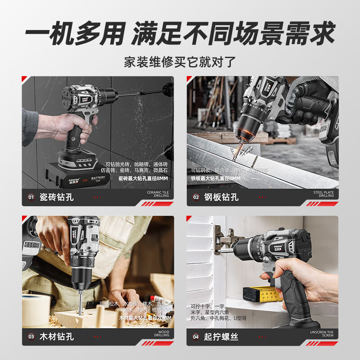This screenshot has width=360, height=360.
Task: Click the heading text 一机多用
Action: [73, 34]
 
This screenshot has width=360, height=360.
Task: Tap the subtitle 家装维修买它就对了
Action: [180, 61]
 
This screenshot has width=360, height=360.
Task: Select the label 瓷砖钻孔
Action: [57, 197]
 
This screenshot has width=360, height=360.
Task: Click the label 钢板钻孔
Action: [222, 197]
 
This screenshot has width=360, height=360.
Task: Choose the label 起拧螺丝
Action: [222, 336]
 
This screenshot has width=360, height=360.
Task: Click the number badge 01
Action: [31, 197]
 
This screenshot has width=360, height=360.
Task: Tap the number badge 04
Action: [196, 336]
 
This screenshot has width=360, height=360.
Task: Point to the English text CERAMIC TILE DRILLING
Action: [158, 194]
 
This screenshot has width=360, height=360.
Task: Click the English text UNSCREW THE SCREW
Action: [323, 333]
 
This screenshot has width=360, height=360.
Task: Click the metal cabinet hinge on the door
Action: [225, 240]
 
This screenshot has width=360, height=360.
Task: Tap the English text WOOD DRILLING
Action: [162, 333]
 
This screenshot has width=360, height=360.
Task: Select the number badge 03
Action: [31, 336]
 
